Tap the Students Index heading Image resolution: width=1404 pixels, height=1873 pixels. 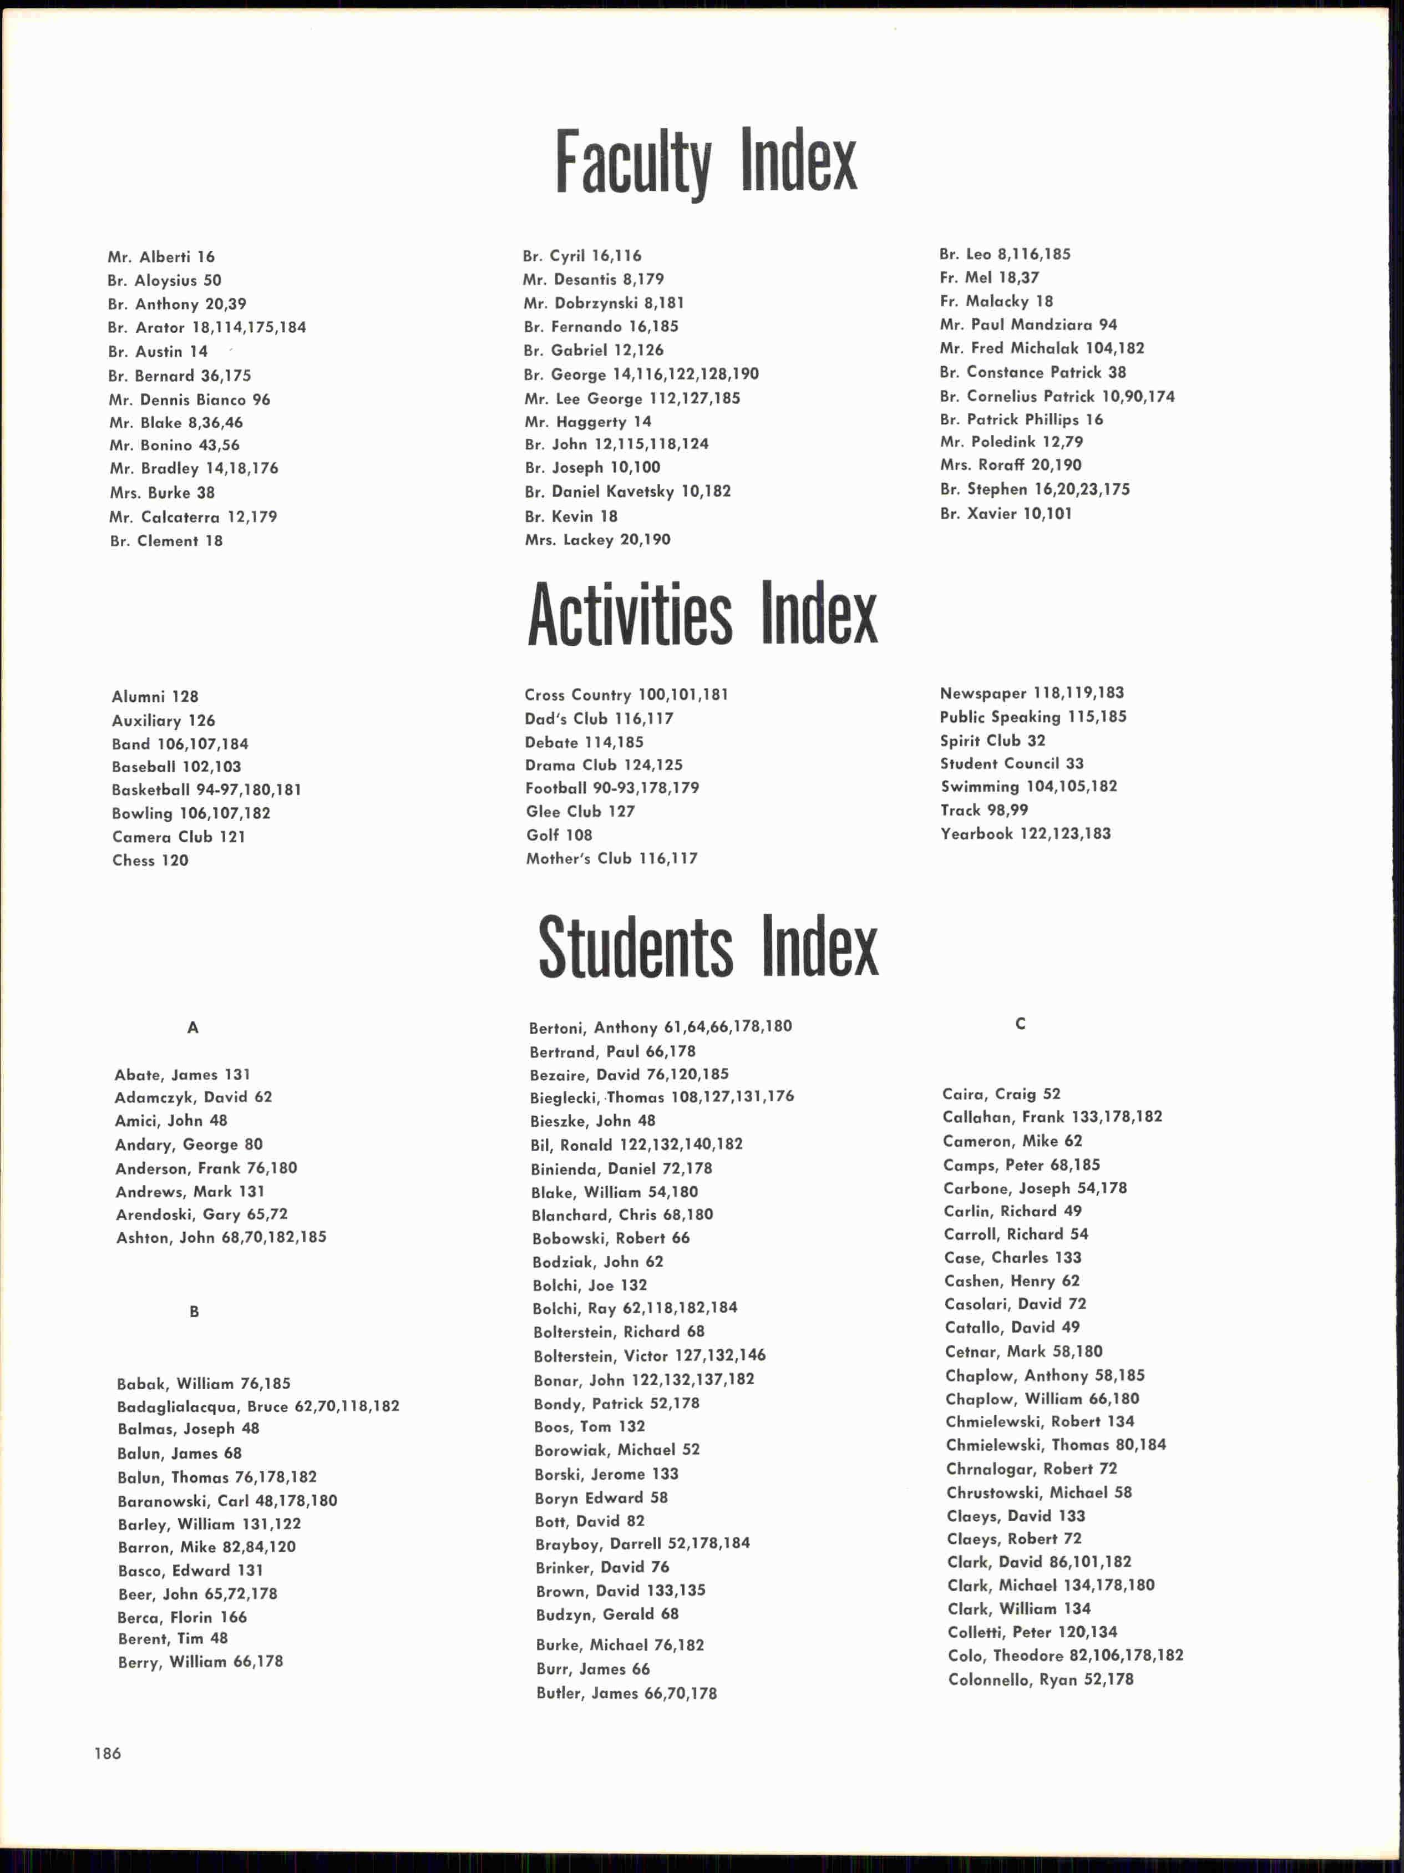pos(708,946)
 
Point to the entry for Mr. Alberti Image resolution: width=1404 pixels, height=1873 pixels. pos(161,256)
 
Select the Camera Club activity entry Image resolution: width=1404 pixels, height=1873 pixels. pos(179,837)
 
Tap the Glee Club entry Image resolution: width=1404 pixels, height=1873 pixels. pos(580,811)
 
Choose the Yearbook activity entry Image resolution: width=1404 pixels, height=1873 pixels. pos(1025,833)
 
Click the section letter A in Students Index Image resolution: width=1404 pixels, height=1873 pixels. pos(193,1027)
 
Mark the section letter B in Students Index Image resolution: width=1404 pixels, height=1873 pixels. pos(194,1312)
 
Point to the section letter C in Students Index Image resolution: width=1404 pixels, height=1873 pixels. pos(1020,1024)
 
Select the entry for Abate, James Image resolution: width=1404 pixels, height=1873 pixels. pos(182,1075)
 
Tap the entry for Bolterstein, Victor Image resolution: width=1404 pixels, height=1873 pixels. pos(648,1355)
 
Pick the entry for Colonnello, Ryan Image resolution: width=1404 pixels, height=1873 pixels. pos(1040,1679)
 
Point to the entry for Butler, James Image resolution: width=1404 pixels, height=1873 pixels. pos(626,1693)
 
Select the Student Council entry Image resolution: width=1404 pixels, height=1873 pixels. pos(1011,763)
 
